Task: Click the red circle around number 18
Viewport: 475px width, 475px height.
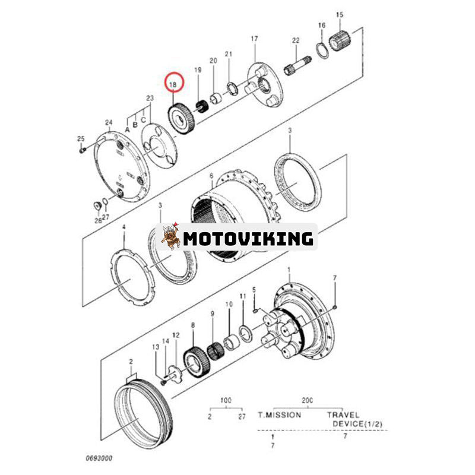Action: [x=174, y=84]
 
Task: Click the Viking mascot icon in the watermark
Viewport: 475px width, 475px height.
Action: [x=171, y=237]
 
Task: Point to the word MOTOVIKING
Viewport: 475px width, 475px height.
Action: [x=248, y=239]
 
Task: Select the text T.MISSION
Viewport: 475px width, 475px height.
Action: [x=279, y=414]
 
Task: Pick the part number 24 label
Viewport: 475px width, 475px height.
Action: [x=109, y=123]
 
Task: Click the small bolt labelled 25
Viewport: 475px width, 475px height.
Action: [x=81, y=150]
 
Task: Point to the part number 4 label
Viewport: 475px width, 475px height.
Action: [x=123, y=227]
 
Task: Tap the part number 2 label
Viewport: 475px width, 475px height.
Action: [x=131, y=361]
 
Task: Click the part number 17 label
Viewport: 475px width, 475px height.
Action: [x=254, y=39]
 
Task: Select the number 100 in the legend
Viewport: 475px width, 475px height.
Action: [x=226, y=401]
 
